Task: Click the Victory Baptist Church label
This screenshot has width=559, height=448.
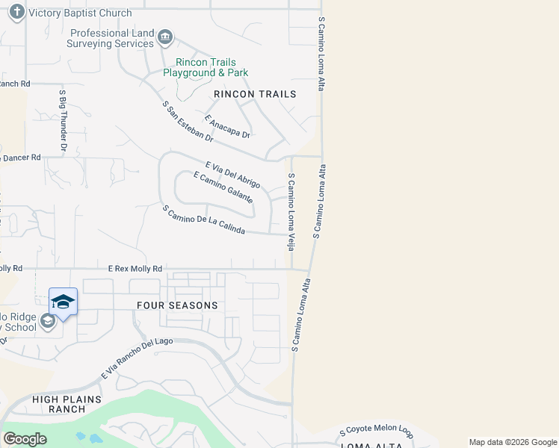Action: (80, 13)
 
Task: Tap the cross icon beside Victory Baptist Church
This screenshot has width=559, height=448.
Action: (16, 13)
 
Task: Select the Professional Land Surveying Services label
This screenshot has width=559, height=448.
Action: (112, 39)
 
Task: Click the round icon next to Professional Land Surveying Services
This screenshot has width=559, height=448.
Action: (165, 37)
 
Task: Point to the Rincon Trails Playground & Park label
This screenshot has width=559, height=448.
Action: (206, 68)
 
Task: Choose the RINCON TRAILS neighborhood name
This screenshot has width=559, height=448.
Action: (255, 94)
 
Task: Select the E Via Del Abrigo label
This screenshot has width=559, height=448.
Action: (232, 174)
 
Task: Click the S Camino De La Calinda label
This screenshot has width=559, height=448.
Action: (204, 220)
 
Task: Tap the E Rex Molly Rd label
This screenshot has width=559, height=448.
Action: (135, 268)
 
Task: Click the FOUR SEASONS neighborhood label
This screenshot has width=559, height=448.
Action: (177, 305)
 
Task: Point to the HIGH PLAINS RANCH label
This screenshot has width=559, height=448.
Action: (67, 404)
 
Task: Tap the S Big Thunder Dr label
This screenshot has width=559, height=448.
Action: (63, 121)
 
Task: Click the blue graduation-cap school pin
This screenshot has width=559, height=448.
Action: (63, 302)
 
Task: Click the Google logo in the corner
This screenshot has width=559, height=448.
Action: (25, 439)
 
